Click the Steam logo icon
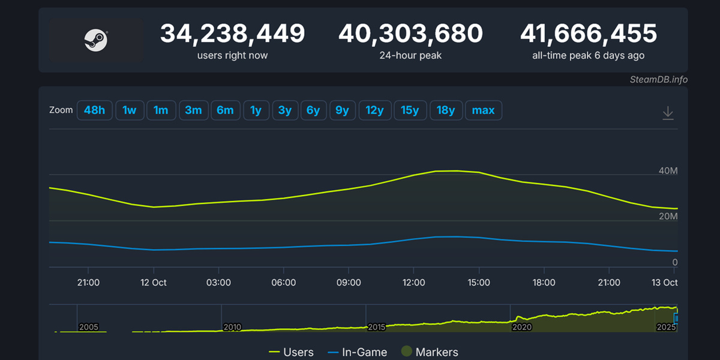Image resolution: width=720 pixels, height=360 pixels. [x=96, y=41]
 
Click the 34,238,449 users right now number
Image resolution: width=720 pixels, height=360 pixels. [x=232, y=34]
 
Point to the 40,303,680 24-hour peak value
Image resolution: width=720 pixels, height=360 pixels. [x=410, y=34]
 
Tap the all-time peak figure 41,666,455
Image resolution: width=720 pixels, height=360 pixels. [x=589, y=34]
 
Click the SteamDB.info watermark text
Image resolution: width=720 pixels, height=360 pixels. [x=658, y=79]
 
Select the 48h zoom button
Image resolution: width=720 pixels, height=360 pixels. [x=95, y=110]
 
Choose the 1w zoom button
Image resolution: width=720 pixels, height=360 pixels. [x=130, y=110]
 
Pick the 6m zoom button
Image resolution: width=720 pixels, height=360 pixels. [x=225, y=110]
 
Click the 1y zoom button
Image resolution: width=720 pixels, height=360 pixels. [x=256, y=110]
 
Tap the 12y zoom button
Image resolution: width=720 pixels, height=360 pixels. [x=374, y=110]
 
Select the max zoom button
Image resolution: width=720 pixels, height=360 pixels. [x=483, y=110]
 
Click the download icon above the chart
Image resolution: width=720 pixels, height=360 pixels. [x=668, y=113]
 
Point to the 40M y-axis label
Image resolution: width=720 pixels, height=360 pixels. [x=668, y=172]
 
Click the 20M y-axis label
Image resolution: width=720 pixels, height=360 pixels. [x=668, y=217]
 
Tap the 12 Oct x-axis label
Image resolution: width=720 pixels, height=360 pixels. [x=154, y=283]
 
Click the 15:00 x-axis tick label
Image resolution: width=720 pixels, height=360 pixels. [x=479, y=283]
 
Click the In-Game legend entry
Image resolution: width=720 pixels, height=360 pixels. [x=358, y=352]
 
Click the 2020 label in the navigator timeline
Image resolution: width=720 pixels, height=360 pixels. [x=521, y=328]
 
